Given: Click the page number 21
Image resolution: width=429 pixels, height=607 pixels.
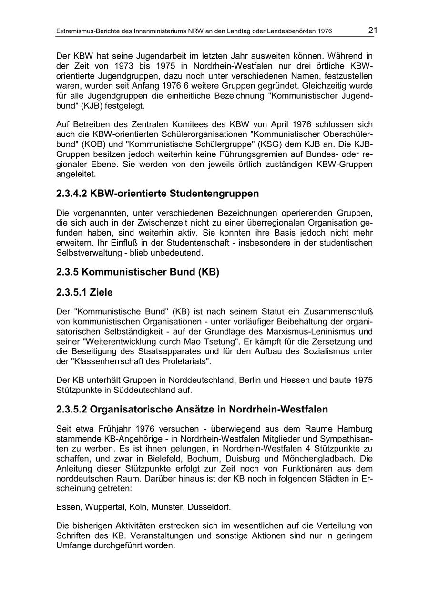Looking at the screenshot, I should [x=372, y=31].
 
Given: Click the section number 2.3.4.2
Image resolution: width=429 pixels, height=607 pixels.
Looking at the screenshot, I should [x=71, y=194].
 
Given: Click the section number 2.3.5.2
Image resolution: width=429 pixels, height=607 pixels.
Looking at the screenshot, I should [x=71, y=410].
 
